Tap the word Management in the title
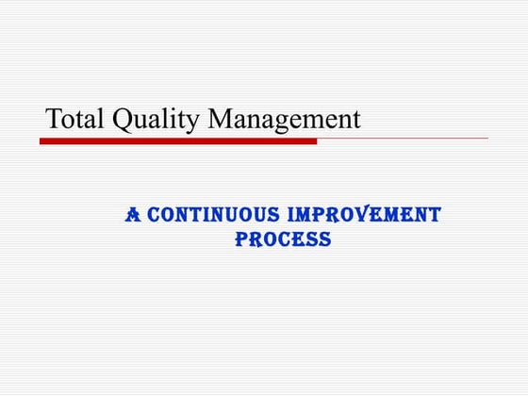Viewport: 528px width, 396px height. click(x=285, y=120)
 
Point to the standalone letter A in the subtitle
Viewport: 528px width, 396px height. click(x=133, y=215)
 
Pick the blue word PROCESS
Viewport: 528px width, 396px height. click(x=283, y=239)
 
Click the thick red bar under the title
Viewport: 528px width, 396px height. click(x=178, y=140)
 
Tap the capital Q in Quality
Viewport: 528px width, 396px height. click(x=124, y=120)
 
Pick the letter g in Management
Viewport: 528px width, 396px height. click(x=290, y=124)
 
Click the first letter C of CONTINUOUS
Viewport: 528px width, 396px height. click(x=155, y=215)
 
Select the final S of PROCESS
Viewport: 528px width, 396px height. click(x=325, y=239)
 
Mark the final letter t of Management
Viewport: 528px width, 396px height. click(x=355, y=121)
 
